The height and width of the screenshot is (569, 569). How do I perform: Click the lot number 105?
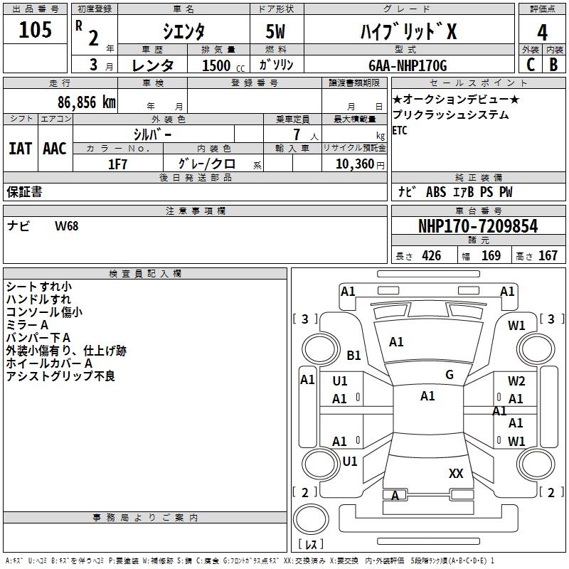tap(36, 30)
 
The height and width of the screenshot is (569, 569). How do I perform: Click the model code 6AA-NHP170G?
tap(408, 65)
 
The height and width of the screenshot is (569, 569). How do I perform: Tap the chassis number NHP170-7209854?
tap(478, 227)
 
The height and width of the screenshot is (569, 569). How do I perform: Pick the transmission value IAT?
tap(21, 149)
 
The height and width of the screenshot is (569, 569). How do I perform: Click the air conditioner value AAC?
tap(55, 149)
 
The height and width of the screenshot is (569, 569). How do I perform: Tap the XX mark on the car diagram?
tap(456, 473)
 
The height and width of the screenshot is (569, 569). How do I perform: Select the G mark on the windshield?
tap(450, 375)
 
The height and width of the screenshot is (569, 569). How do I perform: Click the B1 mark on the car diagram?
tap(353, 355)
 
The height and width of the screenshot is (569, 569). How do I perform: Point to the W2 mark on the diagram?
tap(516, 381)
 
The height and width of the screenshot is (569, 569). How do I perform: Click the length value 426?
tap(431, 256)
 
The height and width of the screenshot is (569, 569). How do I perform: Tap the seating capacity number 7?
tap(296, 134)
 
